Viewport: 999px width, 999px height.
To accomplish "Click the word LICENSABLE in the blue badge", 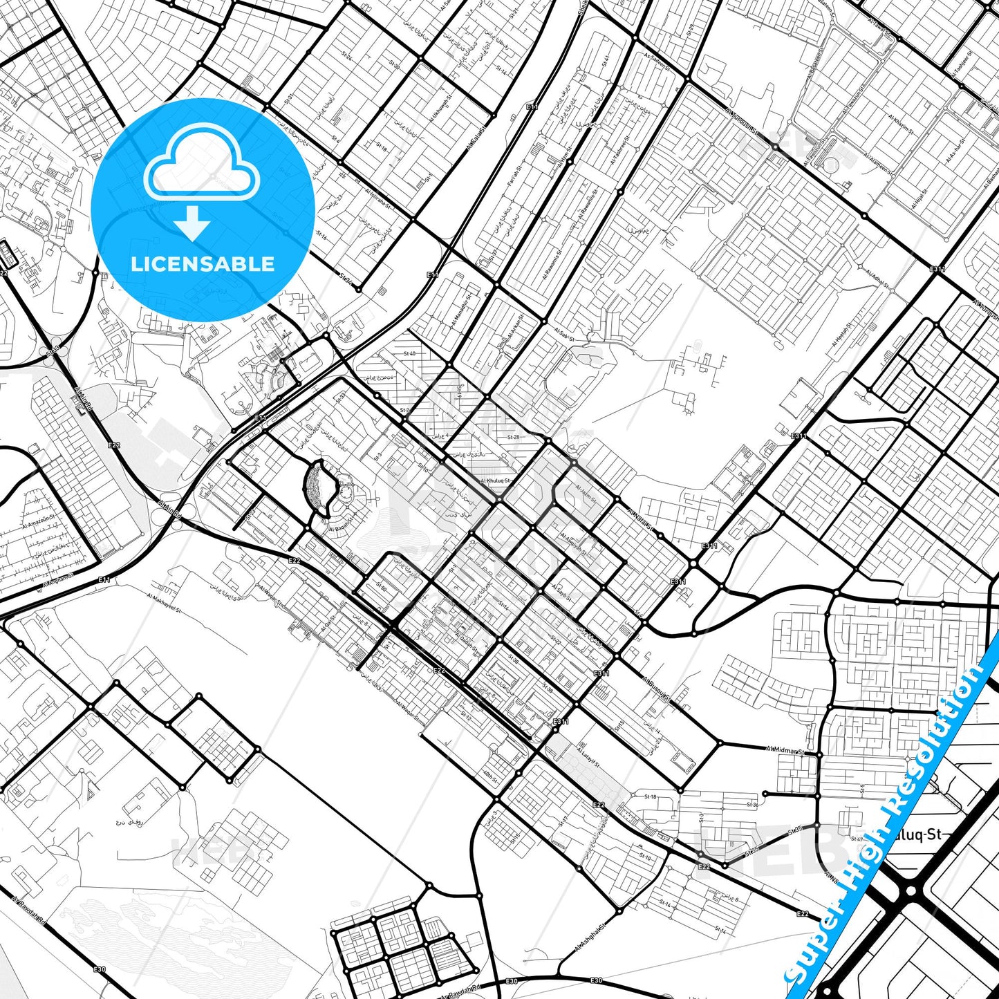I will [x=203, y=264].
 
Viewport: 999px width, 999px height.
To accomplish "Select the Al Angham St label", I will [x=59, y=579].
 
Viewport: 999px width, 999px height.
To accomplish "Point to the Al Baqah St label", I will [x=341, y=525].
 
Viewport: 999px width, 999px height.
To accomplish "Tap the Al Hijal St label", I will [x=917, y=200].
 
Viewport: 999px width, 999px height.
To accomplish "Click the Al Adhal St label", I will [x=877, y=278].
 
